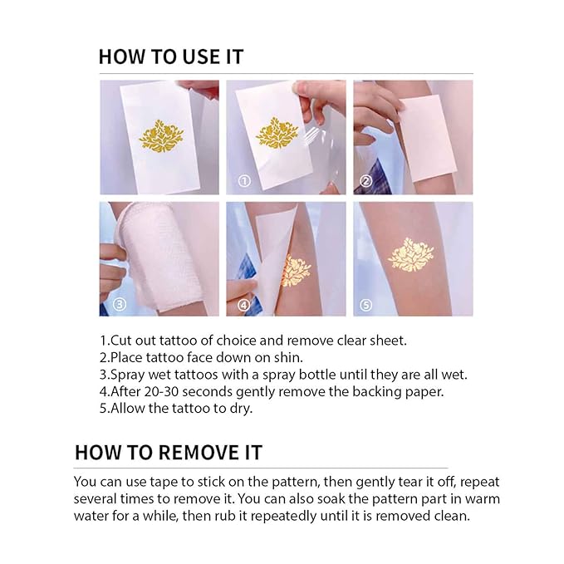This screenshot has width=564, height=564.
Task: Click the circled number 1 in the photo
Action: coord(243,179)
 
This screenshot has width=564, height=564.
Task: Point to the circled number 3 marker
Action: coord(119,304)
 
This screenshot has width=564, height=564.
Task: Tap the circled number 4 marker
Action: coord(243,304)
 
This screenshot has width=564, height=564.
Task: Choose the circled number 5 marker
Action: coord(366,304)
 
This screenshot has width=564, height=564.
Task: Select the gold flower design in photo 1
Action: coord(277,132)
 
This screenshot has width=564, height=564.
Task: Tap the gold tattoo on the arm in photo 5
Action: coord(411,255)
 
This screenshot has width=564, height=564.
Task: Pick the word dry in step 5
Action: coord(239,408)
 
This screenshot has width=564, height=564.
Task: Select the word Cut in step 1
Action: coord(123,341)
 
